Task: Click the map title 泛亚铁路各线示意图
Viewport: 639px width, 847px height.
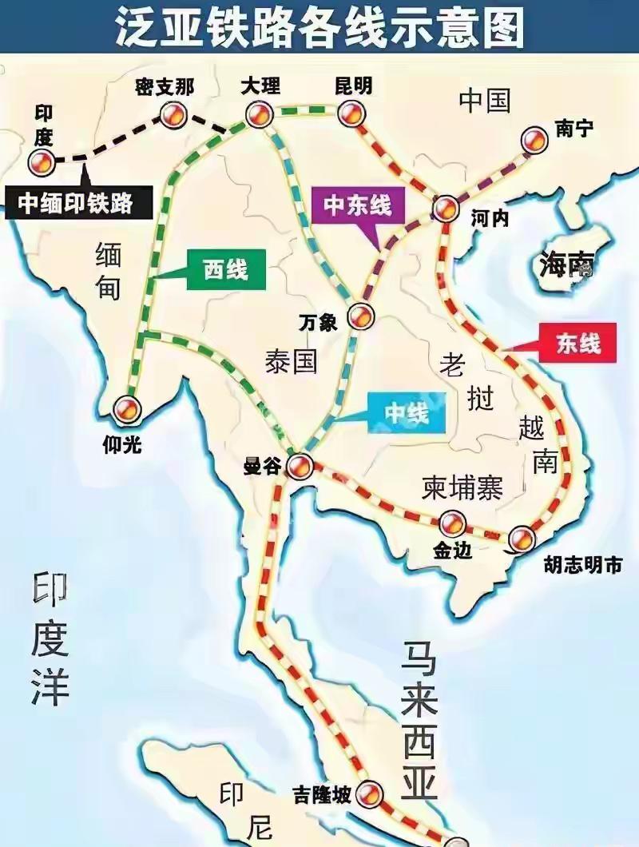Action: click(319, 28)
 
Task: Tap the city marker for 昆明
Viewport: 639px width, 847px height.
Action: click(349, 113)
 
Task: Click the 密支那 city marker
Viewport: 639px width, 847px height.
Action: click(171, 117)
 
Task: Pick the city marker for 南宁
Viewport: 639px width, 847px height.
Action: click(534, 141)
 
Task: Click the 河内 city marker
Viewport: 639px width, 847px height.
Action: click(445, 209)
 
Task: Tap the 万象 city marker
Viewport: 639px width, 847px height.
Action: click(362, 315)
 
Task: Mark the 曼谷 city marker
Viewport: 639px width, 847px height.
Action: click(300, 463)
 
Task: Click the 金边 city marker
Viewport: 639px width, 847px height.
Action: click(452, 523)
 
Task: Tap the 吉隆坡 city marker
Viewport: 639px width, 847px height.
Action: click(370, 793)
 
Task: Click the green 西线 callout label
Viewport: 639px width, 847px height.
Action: click(225, 272)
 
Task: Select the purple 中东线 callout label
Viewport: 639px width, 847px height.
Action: click(358, 205)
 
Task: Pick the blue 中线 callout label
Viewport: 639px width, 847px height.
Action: click(407, 413)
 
